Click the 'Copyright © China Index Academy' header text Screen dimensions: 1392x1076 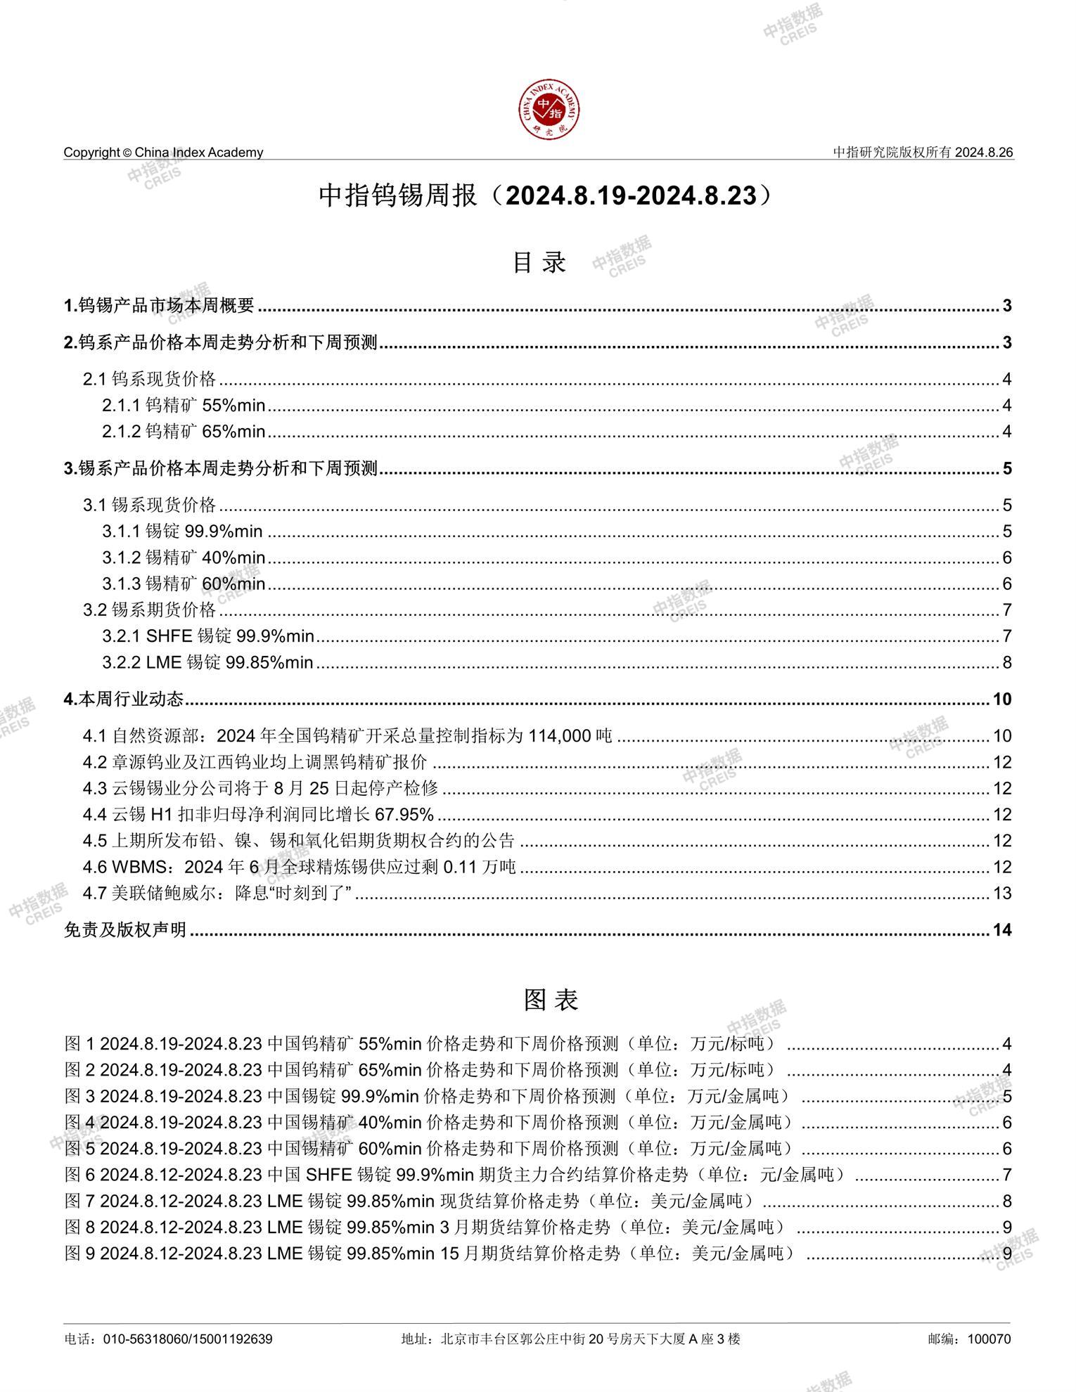point(163,153)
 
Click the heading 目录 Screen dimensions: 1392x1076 point(539,262)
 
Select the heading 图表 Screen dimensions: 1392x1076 point(550,999)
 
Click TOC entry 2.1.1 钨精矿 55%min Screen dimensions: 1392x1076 point(184,406)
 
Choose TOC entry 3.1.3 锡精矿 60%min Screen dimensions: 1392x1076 point(184,584)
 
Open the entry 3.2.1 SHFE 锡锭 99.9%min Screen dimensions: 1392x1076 point(208,636)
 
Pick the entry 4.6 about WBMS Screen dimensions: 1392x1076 point(300,867)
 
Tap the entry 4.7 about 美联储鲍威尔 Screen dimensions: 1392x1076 point(217,893)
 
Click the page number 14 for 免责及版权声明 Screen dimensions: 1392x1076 point(1001,930)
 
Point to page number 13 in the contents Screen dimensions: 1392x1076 point(1001,893)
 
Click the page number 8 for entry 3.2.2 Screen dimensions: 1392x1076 point(1006,662)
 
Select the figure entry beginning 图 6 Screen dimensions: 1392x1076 point(456,1175)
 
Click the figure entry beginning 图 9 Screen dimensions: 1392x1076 point(430,1254)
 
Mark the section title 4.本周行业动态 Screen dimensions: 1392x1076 point(124,700)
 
